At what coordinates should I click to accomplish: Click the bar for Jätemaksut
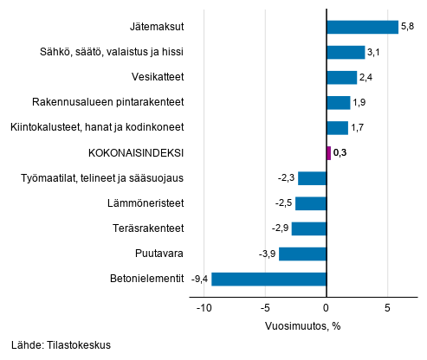click(362, 28)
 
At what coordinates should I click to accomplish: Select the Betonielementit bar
click(268, 280)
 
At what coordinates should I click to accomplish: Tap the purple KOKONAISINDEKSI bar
click(328, 153)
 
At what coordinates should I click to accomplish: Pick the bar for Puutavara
click(302, 254)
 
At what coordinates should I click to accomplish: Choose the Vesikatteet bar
click(341, 78)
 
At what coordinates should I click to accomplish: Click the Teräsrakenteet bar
click(308, 229)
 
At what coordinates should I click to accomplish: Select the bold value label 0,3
click(340, 154)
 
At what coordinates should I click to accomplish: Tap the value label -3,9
click(267, 254)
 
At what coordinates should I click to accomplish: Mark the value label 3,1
click(374, 53)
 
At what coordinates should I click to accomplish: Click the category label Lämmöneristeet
click(149, 204)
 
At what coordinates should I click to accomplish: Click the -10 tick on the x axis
click(203, 308)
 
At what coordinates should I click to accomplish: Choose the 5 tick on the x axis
click(388, 308)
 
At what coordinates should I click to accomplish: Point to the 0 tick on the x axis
click(327, 308)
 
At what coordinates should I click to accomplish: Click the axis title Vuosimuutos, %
click(302, 326)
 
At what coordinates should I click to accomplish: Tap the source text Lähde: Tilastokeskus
click(61, 344)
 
